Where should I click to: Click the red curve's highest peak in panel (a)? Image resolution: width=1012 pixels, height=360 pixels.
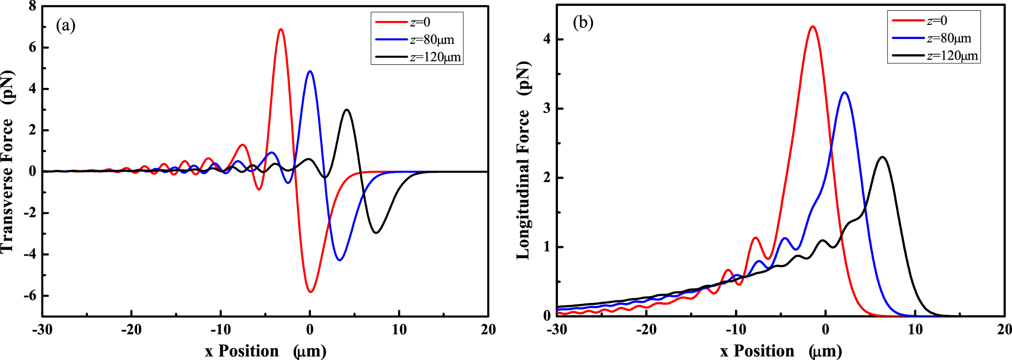click(280, 29)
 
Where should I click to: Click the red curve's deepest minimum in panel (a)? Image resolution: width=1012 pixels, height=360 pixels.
click(310, 292)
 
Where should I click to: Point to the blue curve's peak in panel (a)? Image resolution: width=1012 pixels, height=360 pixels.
click(310, 71)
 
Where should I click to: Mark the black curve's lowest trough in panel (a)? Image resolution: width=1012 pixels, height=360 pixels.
click(376, 233)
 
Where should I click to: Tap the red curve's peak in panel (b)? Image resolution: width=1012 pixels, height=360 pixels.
click(813, 26)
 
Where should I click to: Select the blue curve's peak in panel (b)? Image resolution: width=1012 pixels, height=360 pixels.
click(845, 92)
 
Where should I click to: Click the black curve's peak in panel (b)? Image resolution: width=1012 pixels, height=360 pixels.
click(882, 157)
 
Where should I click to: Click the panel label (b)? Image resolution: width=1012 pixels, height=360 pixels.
click(583, 22)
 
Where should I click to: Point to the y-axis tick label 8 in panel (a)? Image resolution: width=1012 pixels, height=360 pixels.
click(32, 6)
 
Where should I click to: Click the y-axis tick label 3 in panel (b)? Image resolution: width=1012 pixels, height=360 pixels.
click(547, 108)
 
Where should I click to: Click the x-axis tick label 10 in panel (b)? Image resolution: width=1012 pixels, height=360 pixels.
click(915, 330)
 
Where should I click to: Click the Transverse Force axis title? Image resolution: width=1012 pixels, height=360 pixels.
click(8, 161)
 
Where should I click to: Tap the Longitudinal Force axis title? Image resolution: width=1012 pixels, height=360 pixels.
click(523, 161)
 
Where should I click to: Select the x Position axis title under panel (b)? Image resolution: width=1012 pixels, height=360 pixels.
click(780, 351)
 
